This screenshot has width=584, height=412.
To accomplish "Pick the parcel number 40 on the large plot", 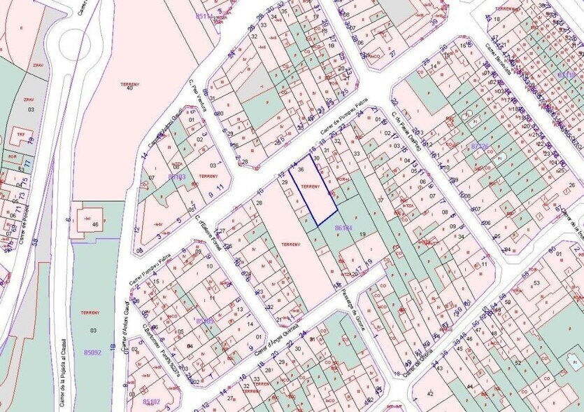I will (129, 87).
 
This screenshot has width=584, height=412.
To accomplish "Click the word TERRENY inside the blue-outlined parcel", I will (310, 186).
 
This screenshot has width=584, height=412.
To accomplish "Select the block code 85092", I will (92, 352).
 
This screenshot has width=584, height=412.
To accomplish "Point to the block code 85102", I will (151, 401).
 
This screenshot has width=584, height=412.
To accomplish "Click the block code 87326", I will (480, 146).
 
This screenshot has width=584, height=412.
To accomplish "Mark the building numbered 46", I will (95, 224).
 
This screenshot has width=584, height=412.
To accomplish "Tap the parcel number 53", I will (537, 282).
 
